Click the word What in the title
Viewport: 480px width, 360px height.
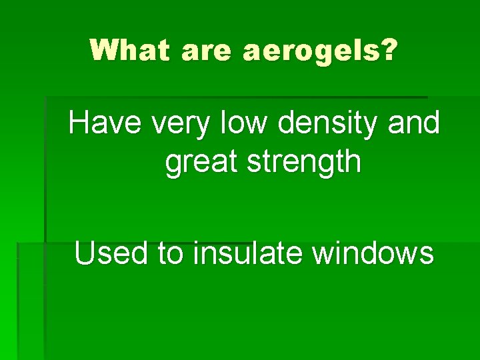pyautogui.click(x=129, y=50)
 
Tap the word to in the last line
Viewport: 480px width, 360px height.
pyautogui.click(x=169, y=254)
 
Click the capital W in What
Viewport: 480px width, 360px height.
pyautogui.click(x=105, y=50)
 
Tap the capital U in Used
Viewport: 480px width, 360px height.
pyautogui.click(x=85, y=253)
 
